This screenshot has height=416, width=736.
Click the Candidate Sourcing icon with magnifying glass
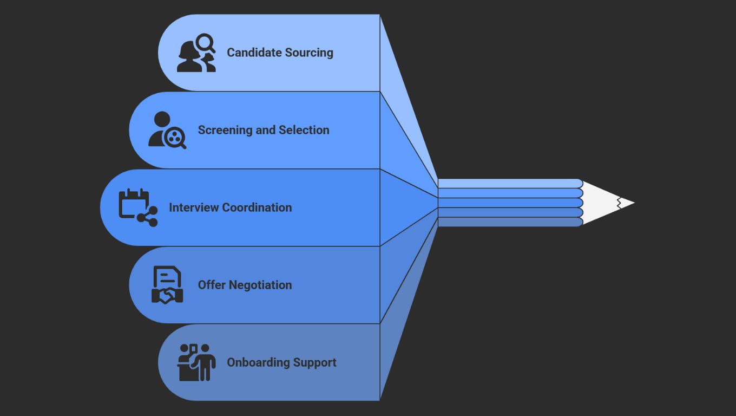click(196, 53)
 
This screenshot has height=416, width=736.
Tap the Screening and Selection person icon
click(167, 130)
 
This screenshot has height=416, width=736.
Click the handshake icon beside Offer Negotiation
click(167, 285)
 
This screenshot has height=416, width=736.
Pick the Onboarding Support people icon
click(196, 362)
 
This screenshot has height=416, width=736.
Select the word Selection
click(304, 130)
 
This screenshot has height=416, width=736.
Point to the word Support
click(315, 362)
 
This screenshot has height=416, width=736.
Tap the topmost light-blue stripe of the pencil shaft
click(509, 184)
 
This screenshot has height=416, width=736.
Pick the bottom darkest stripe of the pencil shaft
click(509, 222)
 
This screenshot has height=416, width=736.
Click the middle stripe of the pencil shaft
click(509, 203)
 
